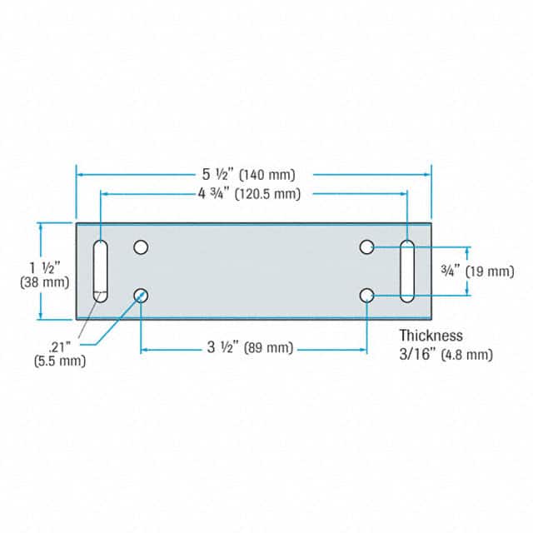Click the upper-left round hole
tap(141, 247)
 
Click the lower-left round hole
tap(141, 295)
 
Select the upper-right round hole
tap(366, 247)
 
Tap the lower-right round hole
tap(366, 295)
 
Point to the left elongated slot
tap(100, 271)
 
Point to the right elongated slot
tap(406, 271)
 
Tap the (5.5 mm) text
tap(59, 361)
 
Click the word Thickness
tap(430, 336)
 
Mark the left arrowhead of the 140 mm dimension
tap(81, 174)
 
